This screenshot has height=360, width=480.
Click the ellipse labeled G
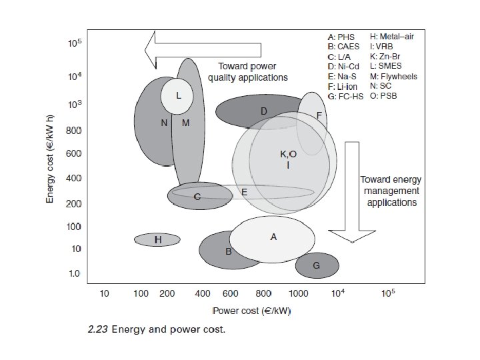317,265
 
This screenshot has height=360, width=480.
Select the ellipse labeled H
158,239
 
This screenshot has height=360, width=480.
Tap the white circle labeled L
178,95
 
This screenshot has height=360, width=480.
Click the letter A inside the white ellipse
273,237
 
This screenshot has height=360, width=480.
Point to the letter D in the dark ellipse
264,111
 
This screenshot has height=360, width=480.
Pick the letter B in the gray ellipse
228,251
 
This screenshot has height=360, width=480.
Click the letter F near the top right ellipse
319,115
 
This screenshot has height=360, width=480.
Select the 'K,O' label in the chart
288,154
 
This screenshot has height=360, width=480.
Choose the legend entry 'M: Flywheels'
393,77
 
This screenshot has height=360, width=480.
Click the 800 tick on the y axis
74,131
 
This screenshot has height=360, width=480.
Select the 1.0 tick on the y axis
74,273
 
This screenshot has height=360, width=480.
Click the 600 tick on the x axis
231,293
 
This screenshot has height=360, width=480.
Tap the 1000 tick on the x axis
298,293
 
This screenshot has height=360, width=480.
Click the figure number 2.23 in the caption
98,329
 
